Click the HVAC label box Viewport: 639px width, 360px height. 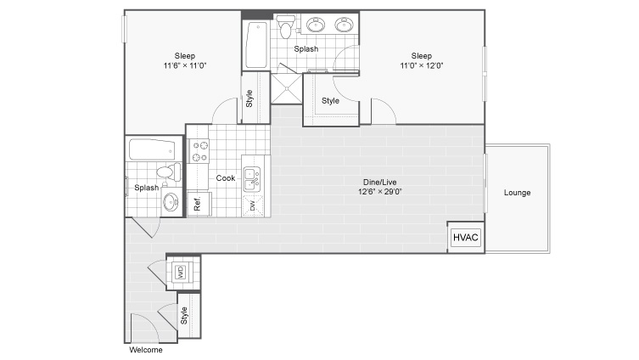(x=466, y=237)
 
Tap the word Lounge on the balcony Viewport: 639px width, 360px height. (x=517, y=193)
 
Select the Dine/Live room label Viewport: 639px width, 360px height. (x=380, y=182)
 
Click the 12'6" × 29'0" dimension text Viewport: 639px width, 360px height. (x=380, y=191)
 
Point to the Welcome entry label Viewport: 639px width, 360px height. (x=146, y=350)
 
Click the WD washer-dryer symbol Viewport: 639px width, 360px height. (x=181, y=272)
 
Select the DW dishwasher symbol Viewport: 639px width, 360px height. (x=253, y=205)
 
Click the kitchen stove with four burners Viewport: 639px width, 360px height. (x=199, y=151)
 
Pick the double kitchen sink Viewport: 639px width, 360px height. (x=252, y=179)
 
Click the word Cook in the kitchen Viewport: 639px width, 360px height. (x=226, y=178)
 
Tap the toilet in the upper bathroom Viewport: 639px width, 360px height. (x=286, y=26)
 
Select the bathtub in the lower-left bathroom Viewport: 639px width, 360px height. (x=152, y=149)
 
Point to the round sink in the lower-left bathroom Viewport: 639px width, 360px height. (x=171, y=200)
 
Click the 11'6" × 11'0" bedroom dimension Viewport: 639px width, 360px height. (x=185, y=65)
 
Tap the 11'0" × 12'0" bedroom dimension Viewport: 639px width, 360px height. (x=422, y=65)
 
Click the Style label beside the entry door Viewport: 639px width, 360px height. (x=184, y=315)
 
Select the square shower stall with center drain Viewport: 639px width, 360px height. (x=287, y=88)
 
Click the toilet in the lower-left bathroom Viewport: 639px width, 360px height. (x=169, y=172)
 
